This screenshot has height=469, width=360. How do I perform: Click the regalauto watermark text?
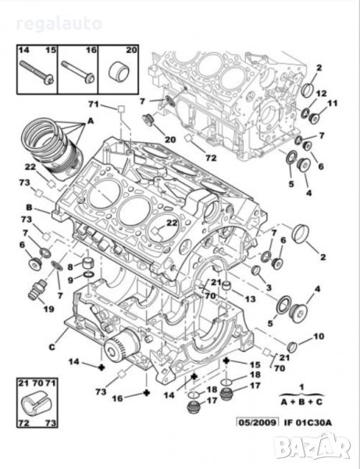coord(59,24)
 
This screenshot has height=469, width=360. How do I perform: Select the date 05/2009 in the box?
coord(257,422)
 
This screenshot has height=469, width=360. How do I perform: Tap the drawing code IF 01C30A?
coord(308,422)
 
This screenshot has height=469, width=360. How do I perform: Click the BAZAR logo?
coord(312,448)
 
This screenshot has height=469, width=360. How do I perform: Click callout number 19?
coord(48,309)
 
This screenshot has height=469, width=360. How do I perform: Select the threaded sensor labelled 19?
coord(37,289)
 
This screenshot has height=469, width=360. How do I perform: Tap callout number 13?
coord(250,299)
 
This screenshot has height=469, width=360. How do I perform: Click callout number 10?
coord(319,336)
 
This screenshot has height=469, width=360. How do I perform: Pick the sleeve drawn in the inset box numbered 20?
coord(119,73)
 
